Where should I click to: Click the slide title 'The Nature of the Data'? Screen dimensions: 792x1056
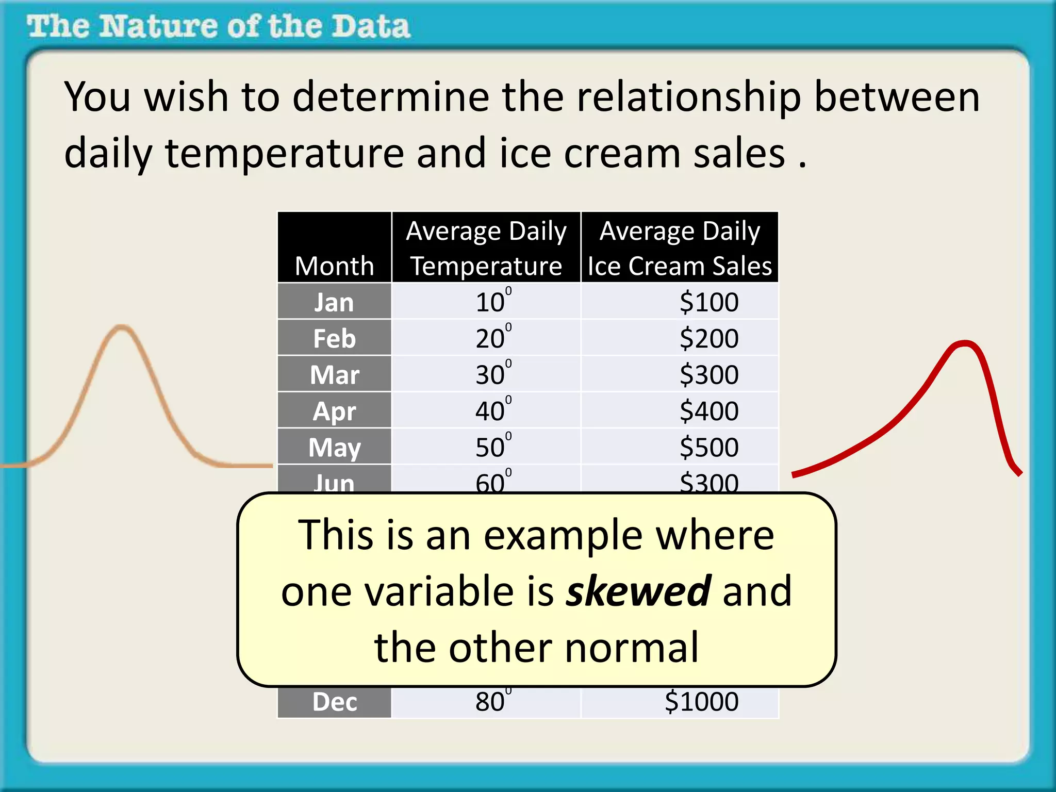219,27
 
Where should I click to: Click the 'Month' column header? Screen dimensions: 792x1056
334,266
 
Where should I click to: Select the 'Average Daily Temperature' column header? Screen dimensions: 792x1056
486,248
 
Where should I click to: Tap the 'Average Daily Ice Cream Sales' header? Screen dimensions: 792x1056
679,248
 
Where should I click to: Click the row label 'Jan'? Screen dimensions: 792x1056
334,302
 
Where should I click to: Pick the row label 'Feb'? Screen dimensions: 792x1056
334,339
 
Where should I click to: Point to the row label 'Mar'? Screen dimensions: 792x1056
334,375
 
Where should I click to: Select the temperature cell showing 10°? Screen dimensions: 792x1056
492,302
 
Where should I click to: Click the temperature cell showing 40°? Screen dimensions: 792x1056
492,411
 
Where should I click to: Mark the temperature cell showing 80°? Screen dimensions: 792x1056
492,702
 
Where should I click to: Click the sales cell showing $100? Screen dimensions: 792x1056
708,302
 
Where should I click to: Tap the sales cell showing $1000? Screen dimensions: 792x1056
701,702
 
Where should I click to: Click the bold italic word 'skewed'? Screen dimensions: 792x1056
638,591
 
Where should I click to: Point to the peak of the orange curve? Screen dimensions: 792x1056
122,327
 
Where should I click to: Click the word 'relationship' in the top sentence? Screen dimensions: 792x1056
688,98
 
